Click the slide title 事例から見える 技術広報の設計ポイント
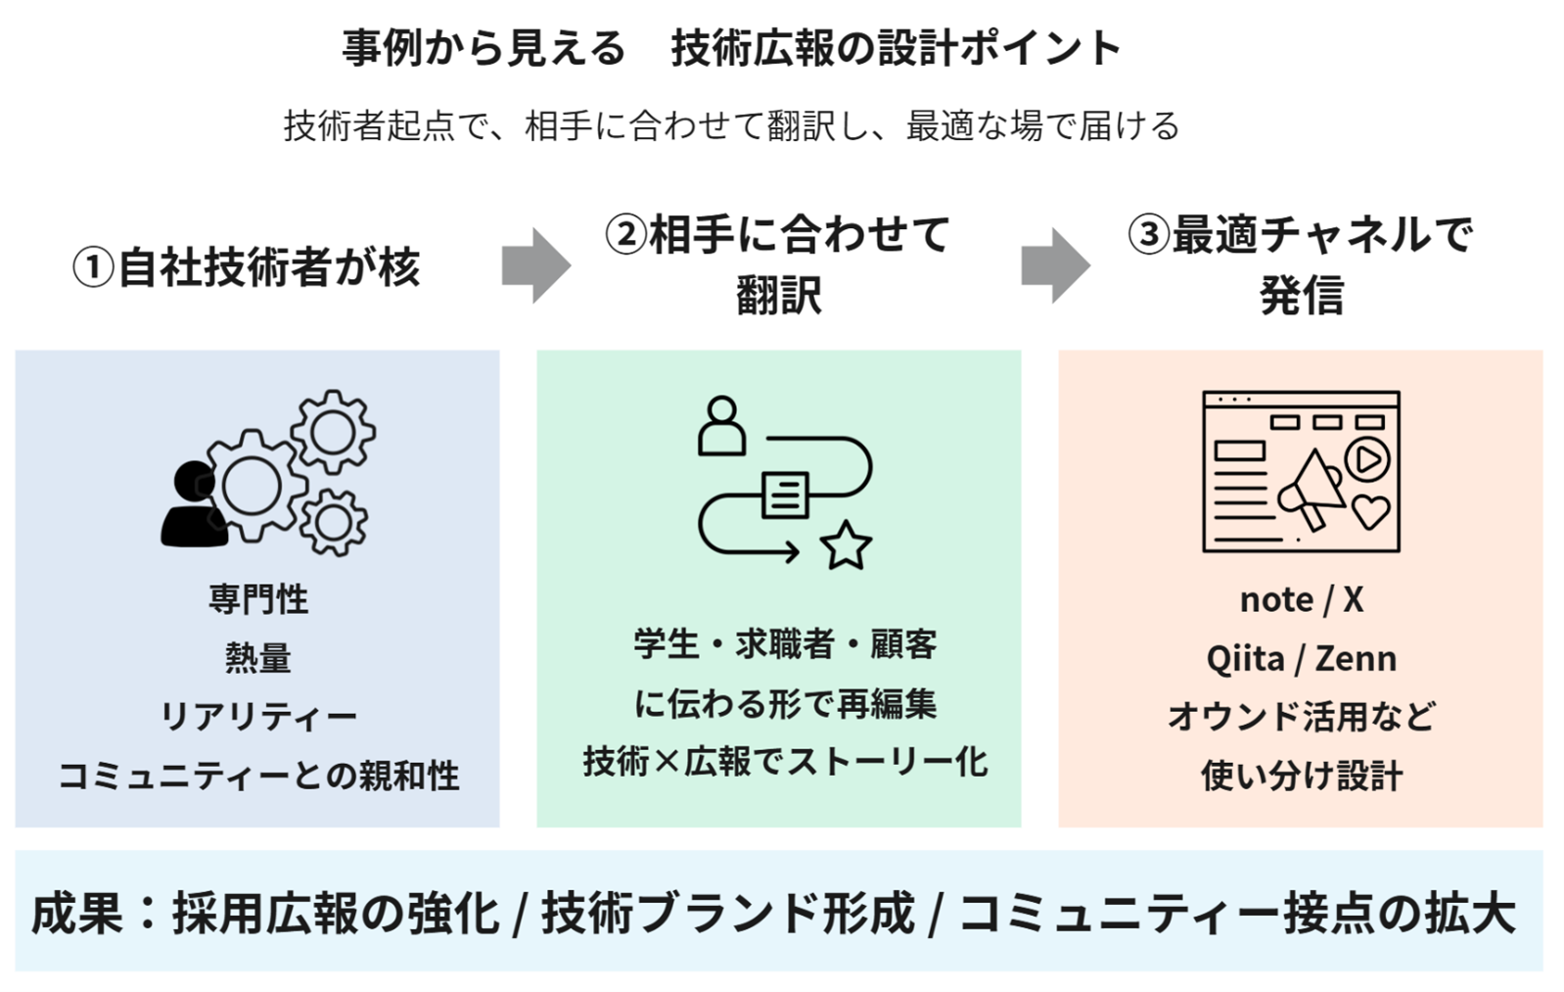click(x=732, y=48)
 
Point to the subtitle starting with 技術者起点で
click(x=732, y=126)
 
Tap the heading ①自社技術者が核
click(x=247, y=267)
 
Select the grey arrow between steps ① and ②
click(x=536, y=265)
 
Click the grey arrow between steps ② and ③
click(x=1056, y=265)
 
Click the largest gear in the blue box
click(x=253, y=487)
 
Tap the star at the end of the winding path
click(x=846, y=545)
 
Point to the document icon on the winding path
click(x=785, y=495)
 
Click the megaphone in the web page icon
click(x=1311, y=492)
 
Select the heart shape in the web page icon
click(x=1370, y=512)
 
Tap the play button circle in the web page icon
click(x=1367, y=459)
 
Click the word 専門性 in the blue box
click(x=257, y=599)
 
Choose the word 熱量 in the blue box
click(x=257, y=658)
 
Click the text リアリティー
click(x=257, y=717)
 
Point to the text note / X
click(x=1302, y=599)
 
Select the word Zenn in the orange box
click(x=1356, y=659)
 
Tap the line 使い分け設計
click(x=1302, y=776)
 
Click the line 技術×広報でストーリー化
click(x=786, y=762)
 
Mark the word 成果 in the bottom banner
click(x=77, y=913)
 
